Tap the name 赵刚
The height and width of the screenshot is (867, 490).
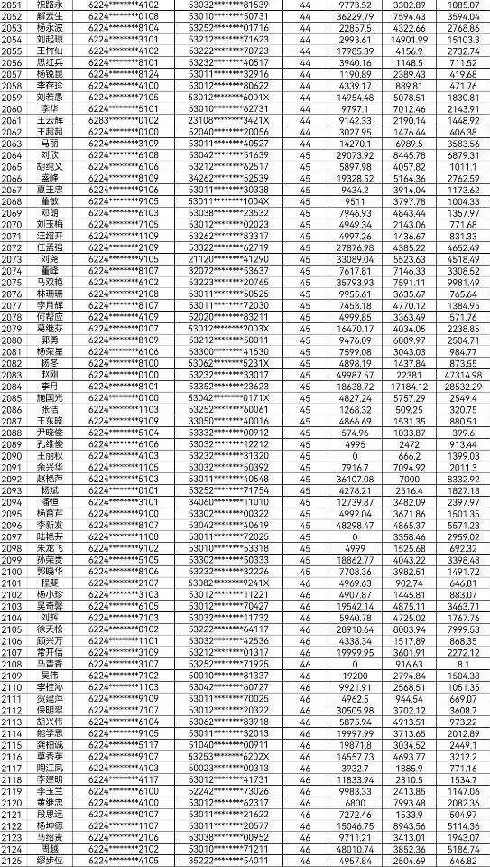pyautogui.click(x=51, y=374)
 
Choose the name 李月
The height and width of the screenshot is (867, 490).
pyautogui.click(x=51, y=386)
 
